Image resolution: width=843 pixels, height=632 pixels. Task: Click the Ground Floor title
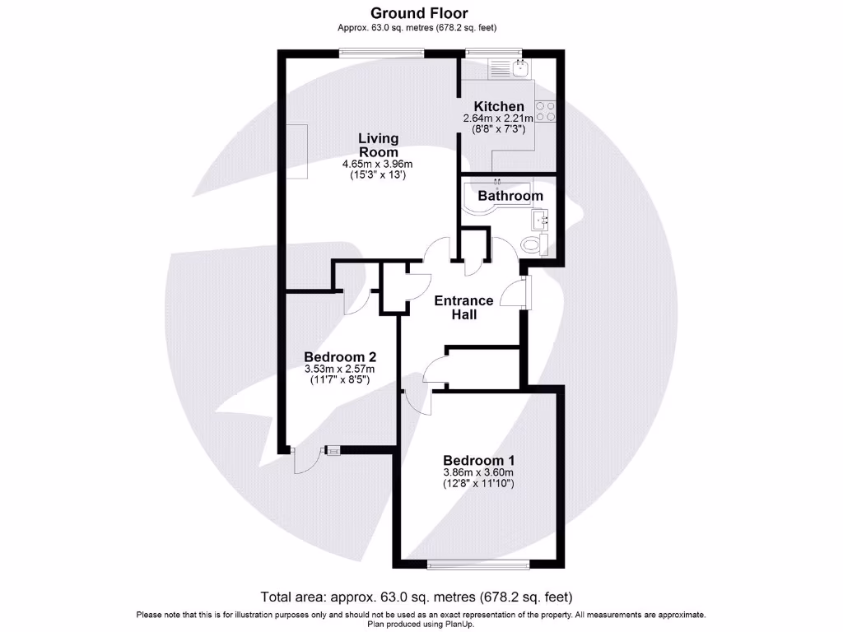(x=419, y=13)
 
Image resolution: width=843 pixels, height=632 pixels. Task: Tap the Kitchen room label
(x=498, y=106)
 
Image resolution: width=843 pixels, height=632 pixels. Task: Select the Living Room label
(x=378, y=145)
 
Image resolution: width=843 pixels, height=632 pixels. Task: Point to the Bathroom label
(x=510, y=196)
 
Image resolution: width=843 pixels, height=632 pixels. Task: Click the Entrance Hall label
(x=463, y=307)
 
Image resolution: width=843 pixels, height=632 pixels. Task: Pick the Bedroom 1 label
(x=478, y=460)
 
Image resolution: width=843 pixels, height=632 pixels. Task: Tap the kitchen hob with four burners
(x=545, y=111)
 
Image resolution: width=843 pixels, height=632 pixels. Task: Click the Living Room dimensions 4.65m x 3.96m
(x=378, y=165)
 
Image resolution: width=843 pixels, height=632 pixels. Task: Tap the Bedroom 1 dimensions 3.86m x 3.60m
(x=478, y=472)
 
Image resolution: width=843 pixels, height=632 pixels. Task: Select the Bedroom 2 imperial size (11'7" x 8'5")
(x=340, y=380)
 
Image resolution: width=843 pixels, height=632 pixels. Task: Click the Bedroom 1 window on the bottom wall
(x=478, y=564)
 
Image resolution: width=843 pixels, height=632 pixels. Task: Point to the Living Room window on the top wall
(x=382, y=54)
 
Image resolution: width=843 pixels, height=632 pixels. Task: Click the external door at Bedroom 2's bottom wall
(x=303, y=461)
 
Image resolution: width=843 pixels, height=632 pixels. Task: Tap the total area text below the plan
(x=416, y=597)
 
